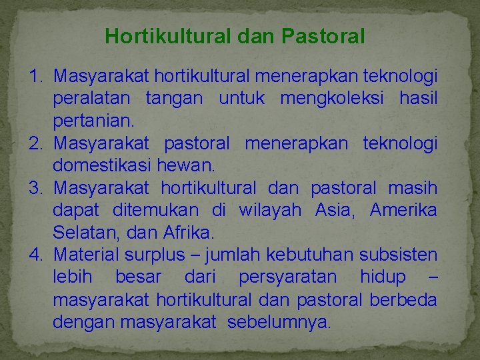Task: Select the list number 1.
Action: (37, 76)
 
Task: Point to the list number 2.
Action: (37, 143)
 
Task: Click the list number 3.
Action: (37, 189)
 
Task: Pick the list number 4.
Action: (37, 255)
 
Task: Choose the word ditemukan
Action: (156, 211)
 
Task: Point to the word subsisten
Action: (398, 255)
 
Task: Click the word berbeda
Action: (405, 300)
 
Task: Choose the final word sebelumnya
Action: (279, 323)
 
